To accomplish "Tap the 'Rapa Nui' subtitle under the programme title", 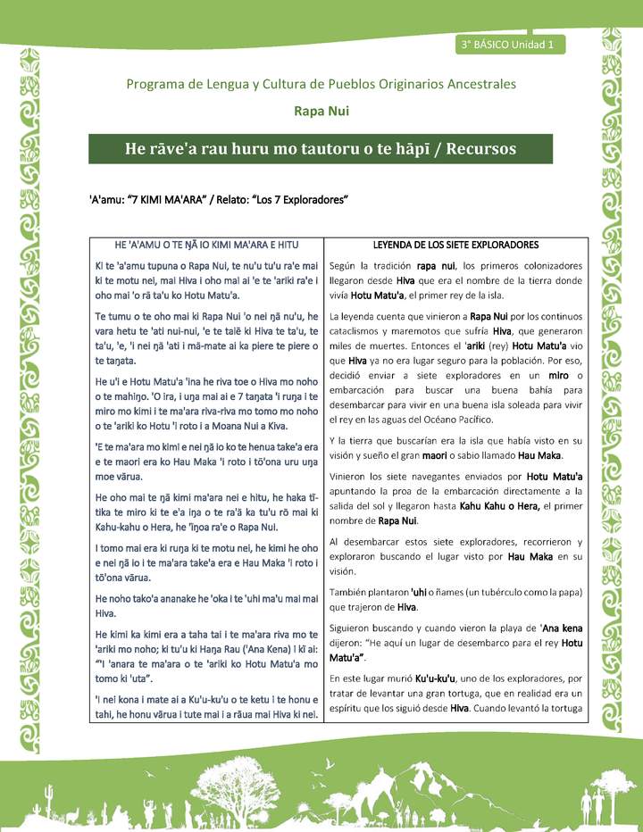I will [x=321, y=112].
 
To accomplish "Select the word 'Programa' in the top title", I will [x=159, y=84].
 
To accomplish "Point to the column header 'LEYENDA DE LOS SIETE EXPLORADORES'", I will [x=455, y=244].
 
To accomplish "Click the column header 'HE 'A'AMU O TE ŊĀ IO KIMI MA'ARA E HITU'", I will [x=206, y=244].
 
